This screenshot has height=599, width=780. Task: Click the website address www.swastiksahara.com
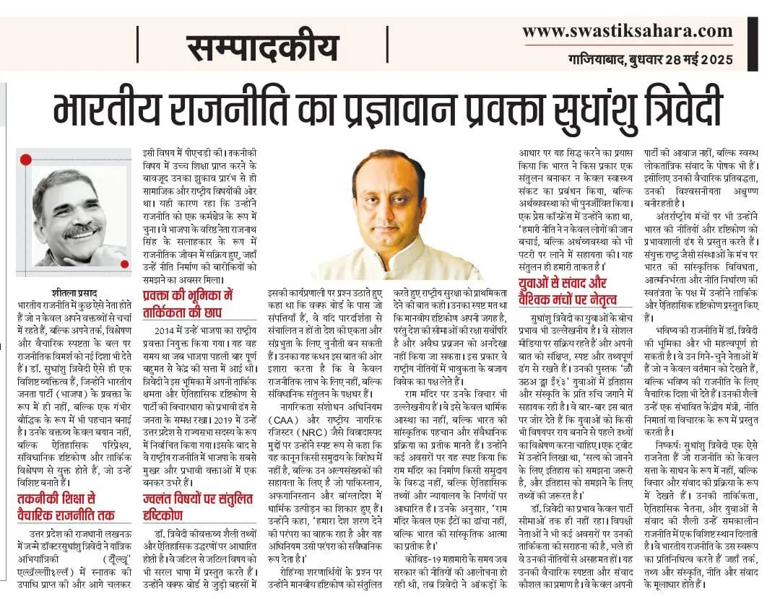(627, 32)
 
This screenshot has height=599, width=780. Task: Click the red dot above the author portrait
(26, 159)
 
